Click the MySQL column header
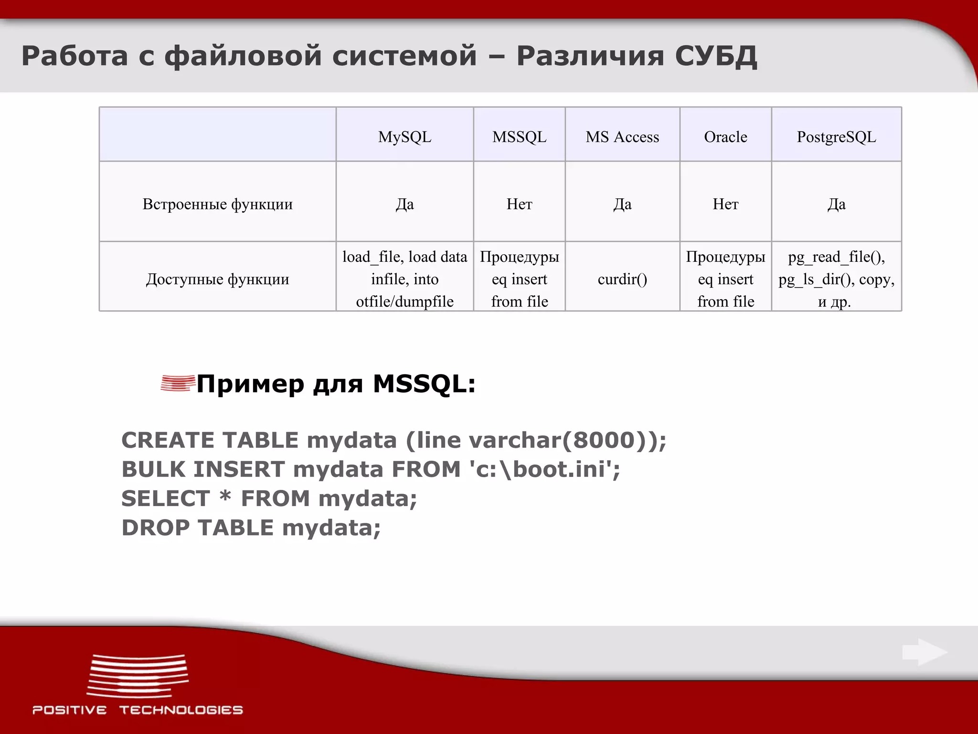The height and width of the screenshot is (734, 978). coord(404,137)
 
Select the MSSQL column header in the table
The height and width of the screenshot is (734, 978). coord(519,137)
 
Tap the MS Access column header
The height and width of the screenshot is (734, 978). coord(622,137)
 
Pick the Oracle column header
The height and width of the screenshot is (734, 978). coord(725,137)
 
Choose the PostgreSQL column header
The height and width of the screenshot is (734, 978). coord(836,137)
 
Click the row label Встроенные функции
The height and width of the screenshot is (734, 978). coord(217,204)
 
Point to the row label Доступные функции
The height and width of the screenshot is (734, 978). coord(217,279)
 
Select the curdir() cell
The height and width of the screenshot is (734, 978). coord(622,279)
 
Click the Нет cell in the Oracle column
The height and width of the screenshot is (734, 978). coord(725,204)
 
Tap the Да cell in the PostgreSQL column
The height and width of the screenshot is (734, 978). coord(836,204)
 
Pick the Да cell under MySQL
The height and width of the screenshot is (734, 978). coord(404,204)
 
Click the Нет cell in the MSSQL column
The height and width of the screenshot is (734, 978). coord(519,204)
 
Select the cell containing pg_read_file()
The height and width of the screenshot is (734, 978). coord(836,279)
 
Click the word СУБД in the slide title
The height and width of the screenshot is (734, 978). coord(716,56)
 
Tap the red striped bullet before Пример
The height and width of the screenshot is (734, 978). coord(178,383)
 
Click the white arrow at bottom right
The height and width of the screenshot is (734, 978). coord(925,652)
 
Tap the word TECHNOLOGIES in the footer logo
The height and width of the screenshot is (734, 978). coord(181,710)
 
